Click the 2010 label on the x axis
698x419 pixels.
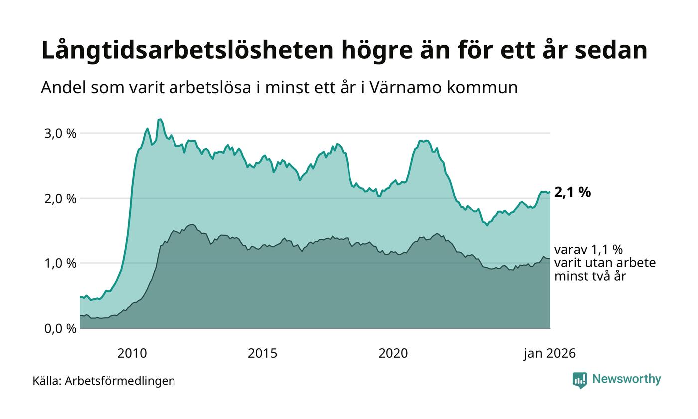click(x=132, y=354)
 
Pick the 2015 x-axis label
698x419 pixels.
click(x=263, y=354)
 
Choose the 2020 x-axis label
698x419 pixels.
click(x=393, y=354)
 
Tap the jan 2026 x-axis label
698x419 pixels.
click(x=549, y=354)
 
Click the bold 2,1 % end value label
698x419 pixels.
click(x=572, y=192)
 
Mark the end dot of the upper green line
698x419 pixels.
click(x=549, y=192)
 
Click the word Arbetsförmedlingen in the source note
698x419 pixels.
click(x=120, y=381)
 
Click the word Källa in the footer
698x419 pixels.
click(x=47, y=381)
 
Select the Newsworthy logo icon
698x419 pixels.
click(x=580, y=380)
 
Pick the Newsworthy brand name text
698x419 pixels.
click(x=626, y=379)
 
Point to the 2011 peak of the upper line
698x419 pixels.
click(x=160, y=119)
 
